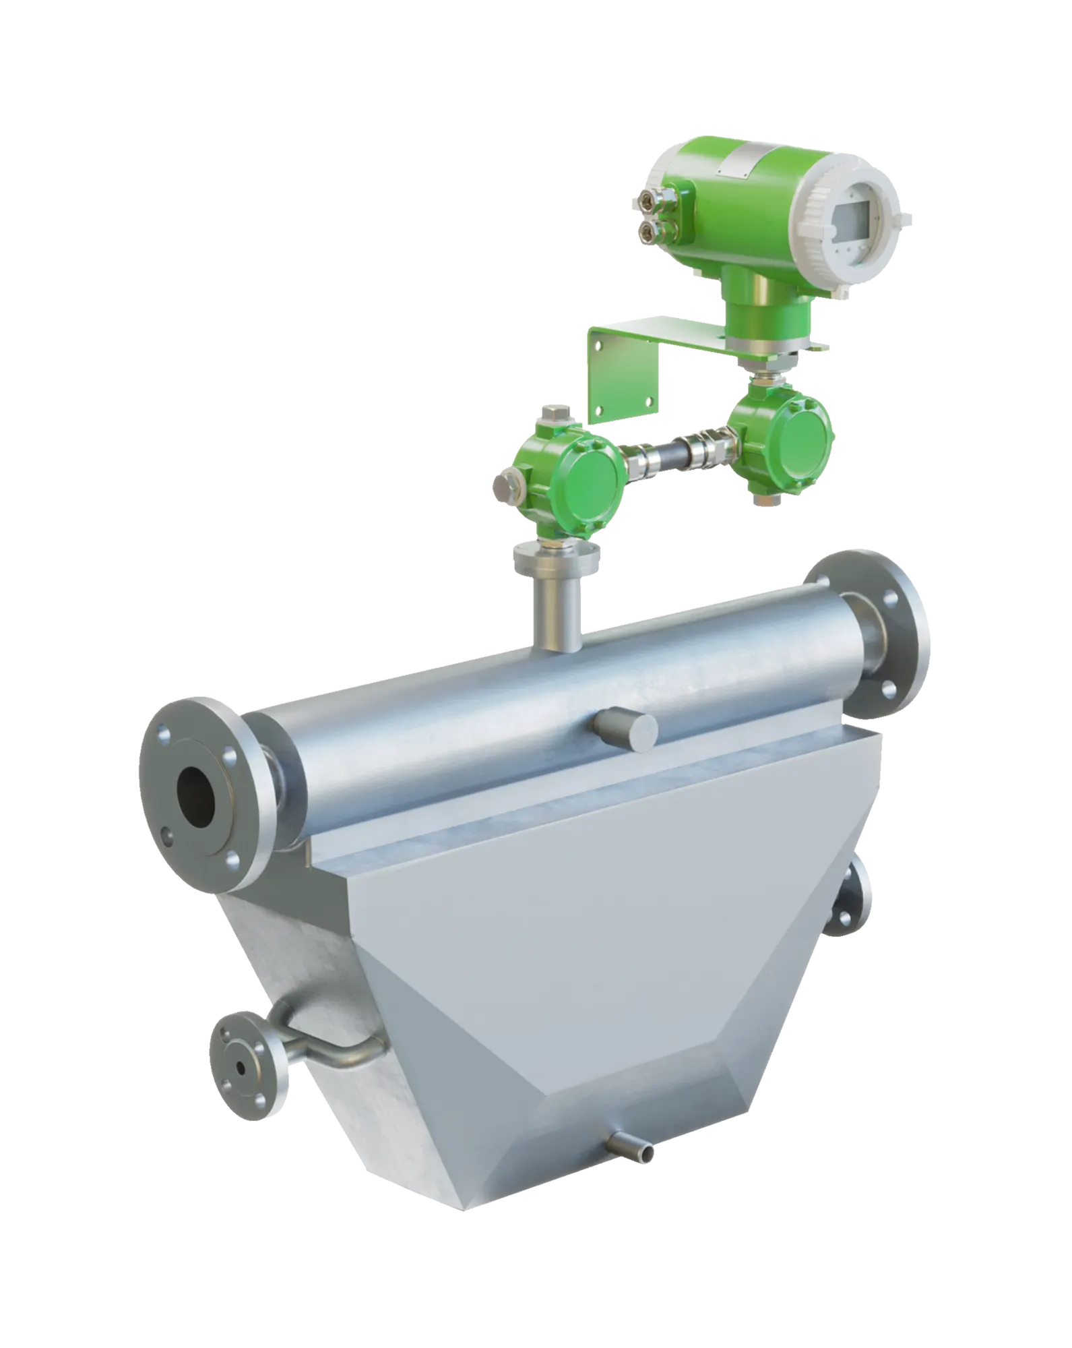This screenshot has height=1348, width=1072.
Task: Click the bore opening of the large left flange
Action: (x=197, y=797)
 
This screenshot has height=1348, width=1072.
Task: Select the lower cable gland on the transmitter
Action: (x=650, y=233)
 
